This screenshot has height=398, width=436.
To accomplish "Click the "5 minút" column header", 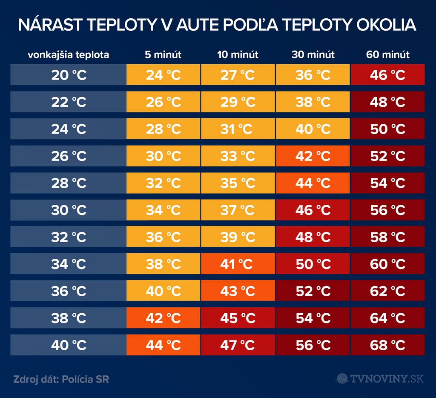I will tap(163, 55).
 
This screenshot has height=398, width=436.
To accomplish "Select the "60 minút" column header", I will tap(387, 55).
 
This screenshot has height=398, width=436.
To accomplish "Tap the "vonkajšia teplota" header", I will tap(69, 55).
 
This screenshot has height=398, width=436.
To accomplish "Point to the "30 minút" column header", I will tap(313, 55).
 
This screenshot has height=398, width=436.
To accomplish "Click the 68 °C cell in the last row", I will tap(387, 345).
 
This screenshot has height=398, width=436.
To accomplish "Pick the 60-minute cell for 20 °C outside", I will tap(387, 75).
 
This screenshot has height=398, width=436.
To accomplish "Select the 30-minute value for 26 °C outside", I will tap(313, 156).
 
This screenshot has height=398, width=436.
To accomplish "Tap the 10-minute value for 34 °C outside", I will tap(238, 264).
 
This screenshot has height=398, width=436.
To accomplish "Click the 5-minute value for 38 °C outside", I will tap(163, 318).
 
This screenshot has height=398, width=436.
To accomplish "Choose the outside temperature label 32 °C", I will tap(69, 237).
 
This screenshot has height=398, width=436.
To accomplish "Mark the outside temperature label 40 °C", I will tap(69, 345).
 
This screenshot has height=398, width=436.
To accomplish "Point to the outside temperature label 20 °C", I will tap(69, 75).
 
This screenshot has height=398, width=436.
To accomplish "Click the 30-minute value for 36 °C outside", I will tap(313, 291).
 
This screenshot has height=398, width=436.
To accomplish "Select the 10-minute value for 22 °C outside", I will tap(238, 102).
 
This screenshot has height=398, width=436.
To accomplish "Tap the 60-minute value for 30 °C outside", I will tap(387, 210).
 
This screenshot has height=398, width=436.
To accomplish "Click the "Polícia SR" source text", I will tap(85, 379).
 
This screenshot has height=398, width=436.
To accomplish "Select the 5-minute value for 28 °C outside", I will tap(163, 183).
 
